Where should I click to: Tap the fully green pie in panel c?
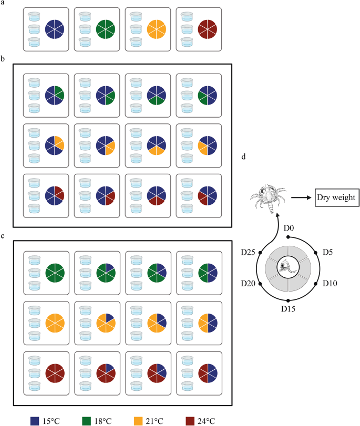click(x=55, y=272)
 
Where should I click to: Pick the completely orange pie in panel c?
click(x=55, y=323)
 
